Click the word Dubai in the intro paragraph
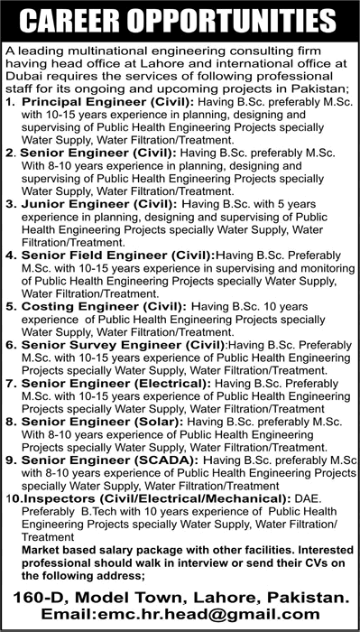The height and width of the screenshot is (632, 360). [x=23, y=79]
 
